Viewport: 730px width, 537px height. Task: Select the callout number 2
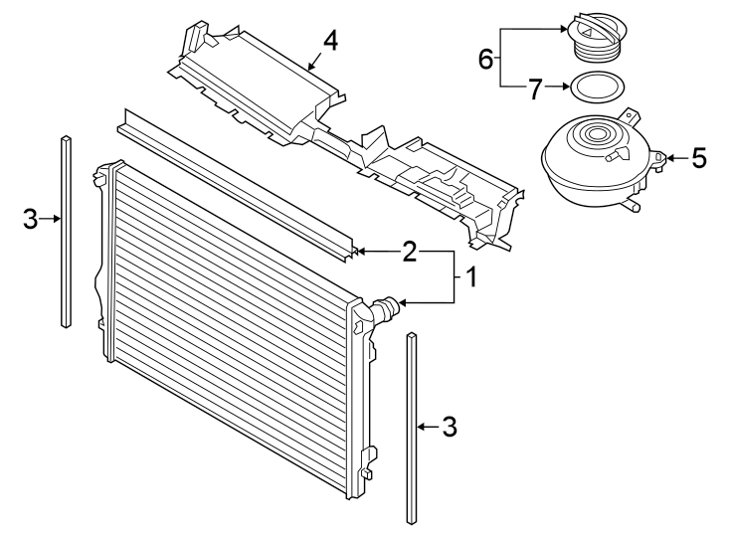(x=409, y=252)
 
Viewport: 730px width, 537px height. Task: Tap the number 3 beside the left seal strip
(x=31, y=219)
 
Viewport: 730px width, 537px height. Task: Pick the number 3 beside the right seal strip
(x=449, y=427)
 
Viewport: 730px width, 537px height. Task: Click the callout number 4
(x=330, y=41)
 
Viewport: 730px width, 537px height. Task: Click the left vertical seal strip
(x=66, y=229)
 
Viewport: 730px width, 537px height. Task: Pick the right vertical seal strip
(x=412, y=428)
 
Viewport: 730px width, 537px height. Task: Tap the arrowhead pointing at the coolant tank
(x=670, y=157)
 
